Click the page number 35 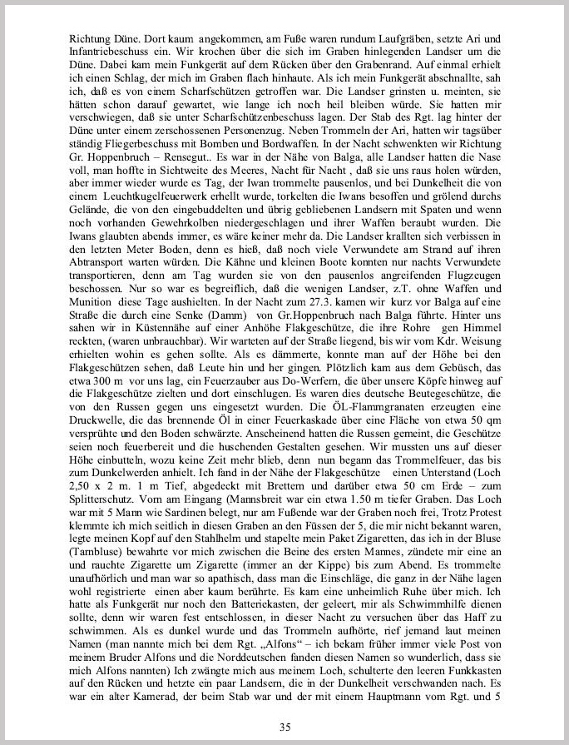point(284,703)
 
